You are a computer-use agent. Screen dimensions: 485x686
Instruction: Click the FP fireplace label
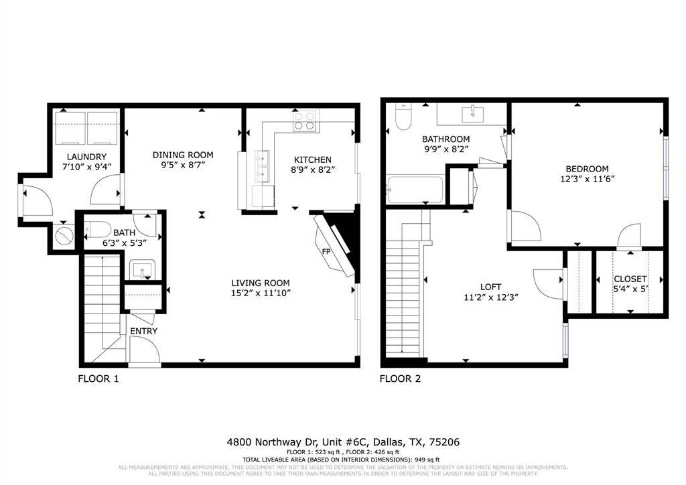pyautogui.click(x=326, y=252)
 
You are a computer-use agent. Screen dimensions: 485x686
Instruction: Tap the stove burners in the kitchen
pyautogui.click(x=303, y=121)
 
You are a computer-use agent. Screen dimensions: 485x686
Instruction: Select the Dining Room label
pyautogui.click(x=173, y=153)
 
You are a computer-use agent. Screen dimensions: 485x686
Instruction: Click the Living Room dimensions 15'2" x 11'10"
pyautogui.click(x=261, y=293)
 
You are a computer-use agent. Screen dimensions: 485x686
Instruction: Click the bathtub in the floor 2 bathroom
pyautogui.click(x=415, y=189)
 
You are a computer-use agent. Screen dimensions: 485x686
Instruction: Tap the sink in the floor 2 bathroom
pyautogui.click(x=476, y=112)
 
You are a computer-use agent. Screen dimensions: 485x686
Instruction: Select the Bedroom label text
pyautogui.click(x=587, y=169)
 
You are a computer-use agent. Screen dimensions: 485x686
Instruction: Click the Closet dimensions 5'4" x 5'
pyautogui.click(x=630, y=289)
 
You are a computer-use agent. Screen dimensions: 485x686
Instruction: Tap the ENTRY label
pyautogui.click(x=143, y=331)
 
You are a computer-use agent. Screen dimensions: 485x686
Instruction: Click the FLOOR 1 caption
pyautogui.click(x=98, y=378)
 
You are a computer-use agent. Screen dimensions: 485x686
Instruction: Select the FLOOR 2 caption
pyautogui.click(x=400, y=378)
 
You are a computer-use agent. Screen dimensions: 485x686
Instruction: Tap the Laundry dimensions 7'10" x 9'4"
pyautogui.click(x=86, y=167)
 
